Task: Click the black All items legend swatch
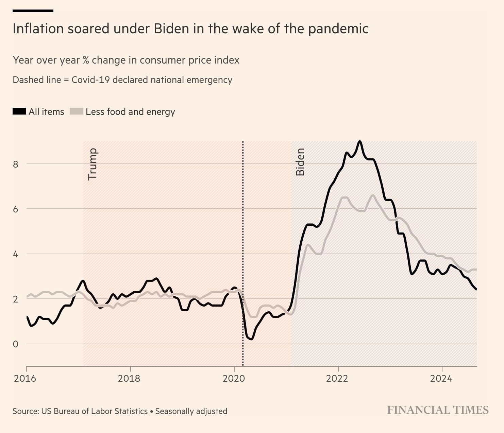[x=19, y=111]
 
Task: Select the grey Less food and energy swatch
[x=76, y=111]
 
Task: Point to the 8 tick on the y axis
[x=16, y=164]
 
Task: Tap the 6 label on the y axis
[x=16, y=209]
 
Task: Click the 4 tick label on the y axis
[x=16, y=254]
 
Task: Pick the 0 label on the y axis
[x=16, y=344]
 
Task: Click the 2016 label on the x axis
[x=25, y=378]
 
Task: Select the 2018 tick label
[x=129, y=378]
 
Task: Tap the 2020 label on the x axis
[x=234, y=378]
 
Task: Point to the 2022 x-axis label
[x=337, y=378]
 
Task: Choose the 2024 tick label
[x=441, y=378]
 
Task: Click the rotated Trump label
[x=93, y=164]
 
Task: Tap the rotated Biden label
[x=300, y=162]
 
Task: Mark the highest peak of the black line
[x=359, y=141]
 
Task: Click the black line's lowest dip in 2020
[x=251, y=339]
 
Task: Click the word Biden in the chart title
[x=171, y=29]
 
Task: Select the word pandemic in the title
[x=338, y=29]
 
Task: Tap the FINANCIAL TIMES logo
[x=438, y=410]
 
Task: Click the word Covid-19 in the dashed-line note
[x=90, y=80]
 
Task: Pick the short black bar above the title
[x=33, y=11]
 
